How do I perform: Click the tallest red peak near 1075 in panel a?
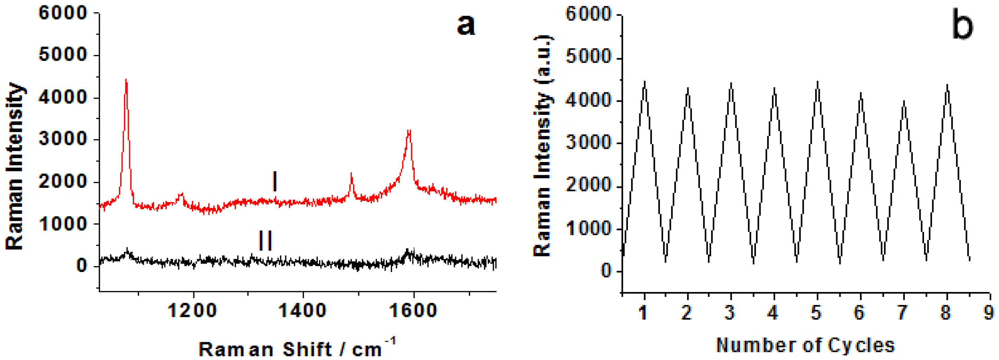[x=126, y=81]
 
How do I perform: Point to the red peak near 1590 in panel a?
[x=408, y=132]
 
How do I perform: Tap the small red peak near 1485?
[x=351, y=175]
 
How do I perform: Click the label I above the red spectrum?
[x=275, y=182]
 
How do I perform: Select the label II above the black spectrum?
[x=266, y=240]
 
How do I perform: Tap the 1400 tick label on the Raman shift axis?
[x=303, y=311]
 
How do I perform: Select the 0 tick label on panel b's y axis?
[x=606, y=270]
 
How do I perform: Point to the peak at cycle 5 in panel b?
[x=818, y=82]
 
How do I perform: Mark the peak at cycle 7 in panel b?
[x=904, y=102]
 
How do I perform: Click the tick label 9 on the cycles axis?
[x=989, y=313]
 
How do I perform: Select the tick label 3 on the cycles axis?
[x=730, y=313]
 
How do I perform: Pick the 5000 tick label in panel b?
[x=588, y=57]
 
